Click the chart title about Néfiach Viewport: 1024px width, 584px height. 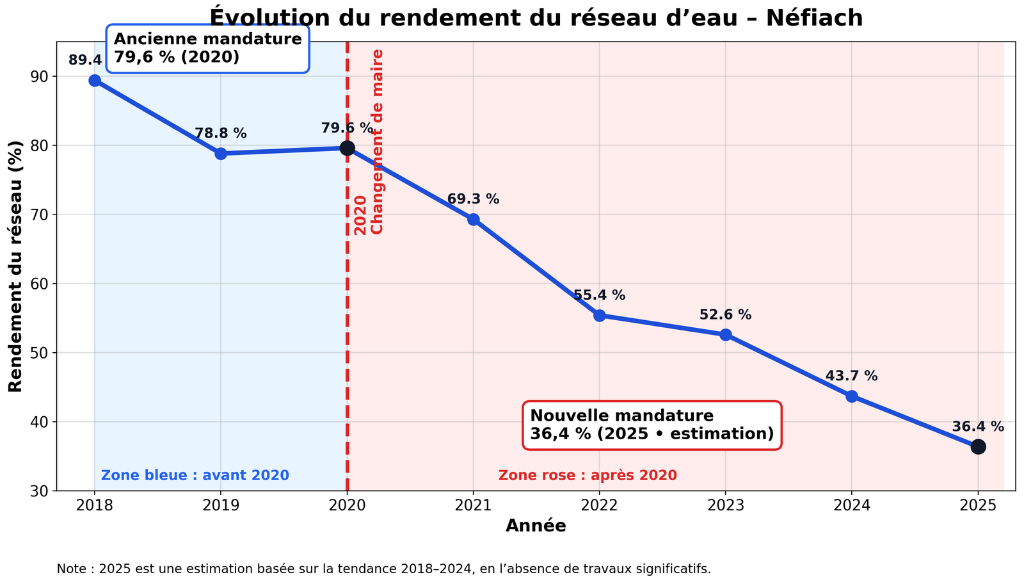click(536, 18)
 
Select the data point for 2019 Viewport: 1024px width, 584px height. click(221, 154)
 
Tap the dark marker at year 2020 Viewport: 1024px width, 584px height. click(347, 148)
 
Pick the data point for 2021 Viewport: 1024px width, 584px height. click(473, 220)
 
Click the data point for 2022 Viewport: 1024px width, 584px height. click(599, 316)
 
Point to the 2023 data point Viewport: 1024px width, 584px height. click(725, 335)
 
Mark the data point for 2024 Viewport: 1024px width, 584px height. click(851, 396)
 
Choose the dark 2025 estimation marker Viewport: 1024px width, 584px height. click(977, 447)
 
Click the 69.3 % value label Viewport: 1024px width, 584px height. click(473, 200)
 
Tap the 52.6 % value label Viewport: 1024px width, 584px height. click(725, 315)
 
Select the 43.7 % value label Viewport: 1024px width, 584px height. click(851, 377)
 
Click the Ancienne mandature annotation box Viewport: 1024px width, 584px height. click(207, 49)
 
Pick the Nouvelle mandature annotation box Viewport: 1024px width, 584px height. click(652, 425)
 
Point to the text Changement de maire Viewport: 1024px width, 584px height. click(378, 142)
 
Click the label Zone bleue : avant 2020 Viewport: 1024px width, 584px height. click(195, 476)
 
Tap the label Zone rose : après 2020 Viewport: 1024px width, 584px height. click(588, 476)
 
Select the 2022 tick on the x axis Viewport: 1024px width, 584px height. click(599, 505)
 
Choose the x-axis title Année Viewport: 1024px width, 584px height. click(536, 526)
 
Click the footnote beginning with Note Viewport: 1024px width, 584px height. click(384, 569)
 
